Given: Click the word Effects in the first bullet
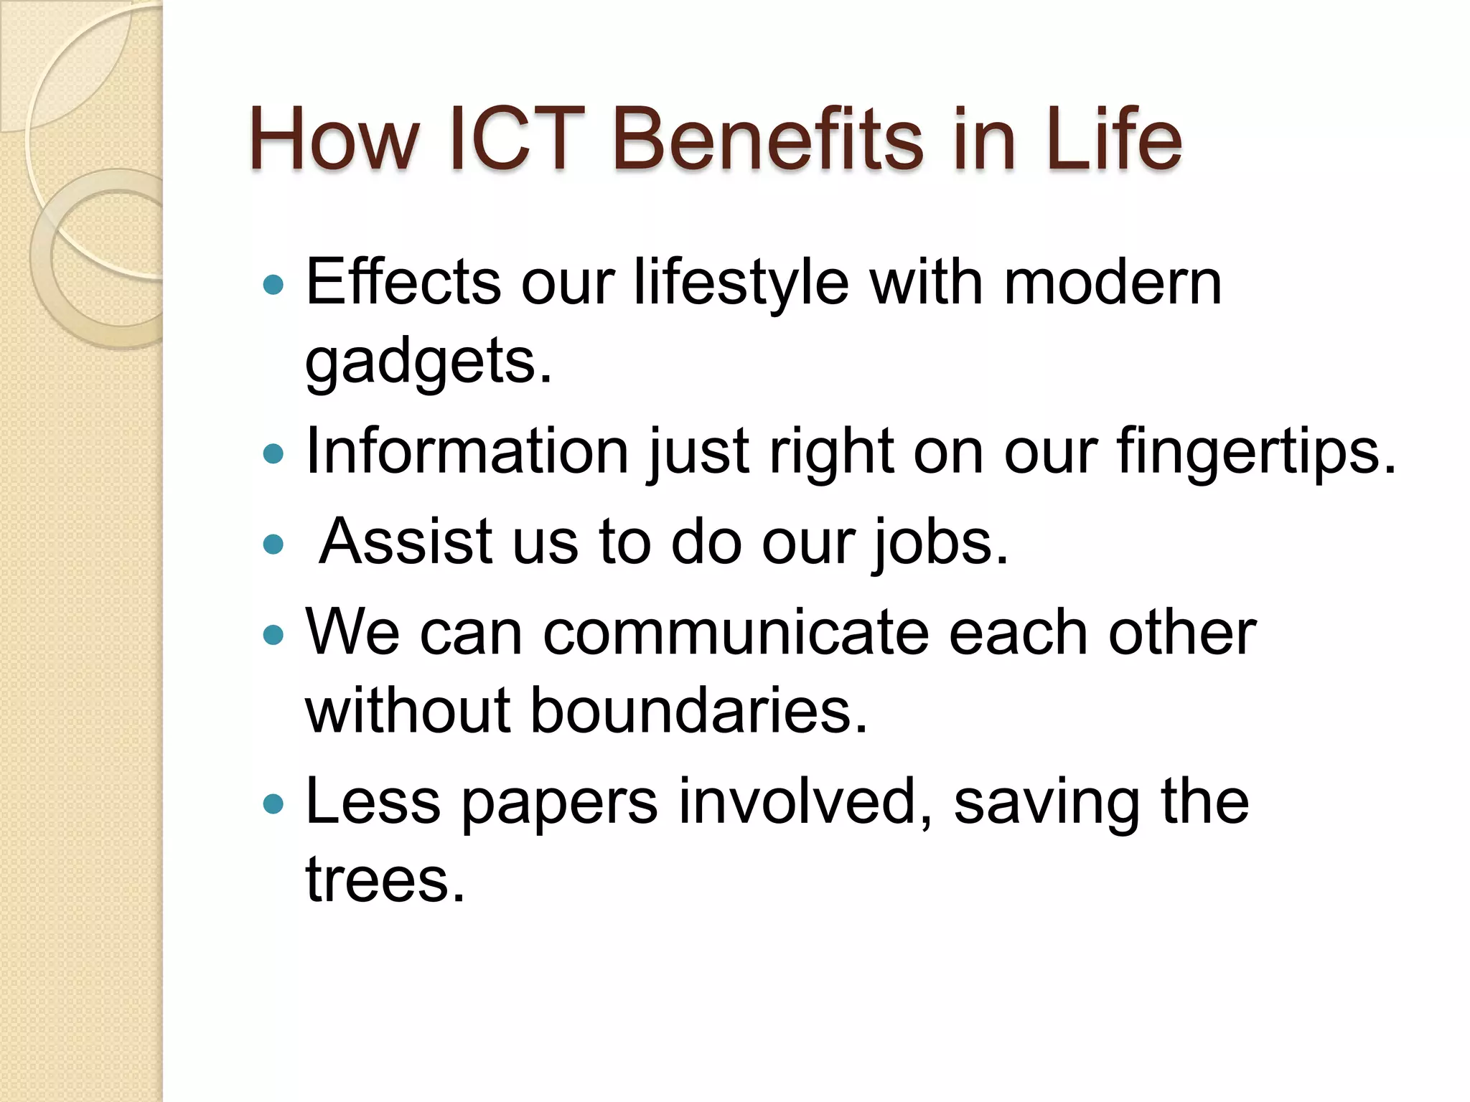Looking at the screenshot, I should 403,282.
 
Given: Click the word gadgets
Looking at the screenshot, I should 429,363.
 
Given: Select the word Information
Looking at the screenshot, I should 467,451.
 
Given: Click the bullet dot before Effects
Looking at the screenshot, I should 273,286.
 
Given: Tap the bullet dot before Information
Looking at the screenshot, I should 273,453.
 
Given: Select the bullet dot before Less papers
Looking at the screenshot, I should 273,804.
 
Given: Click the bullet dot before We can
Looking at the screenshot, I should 273,634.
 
